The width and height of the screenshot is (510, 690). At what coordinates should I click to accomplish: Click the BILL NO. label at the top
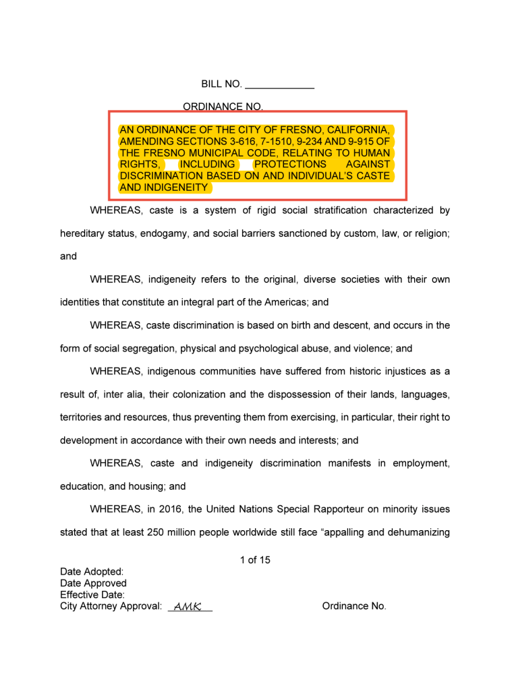coord(221,84)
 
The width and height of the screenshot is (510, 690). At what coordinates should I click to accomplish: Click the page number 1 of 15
coord(255,560)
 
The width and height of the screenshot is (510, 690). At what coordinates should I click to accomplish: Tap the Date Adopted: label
coord(92,572)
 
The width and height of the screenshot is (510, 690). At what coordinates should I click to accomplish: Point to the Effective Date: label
coord(92,595)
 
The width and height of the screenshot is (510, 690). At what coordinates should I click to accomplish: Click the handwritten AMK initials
coord(188,607)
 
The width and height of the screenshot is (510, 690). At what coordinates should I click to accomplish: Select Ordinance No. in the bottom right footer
coord(354,606)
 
